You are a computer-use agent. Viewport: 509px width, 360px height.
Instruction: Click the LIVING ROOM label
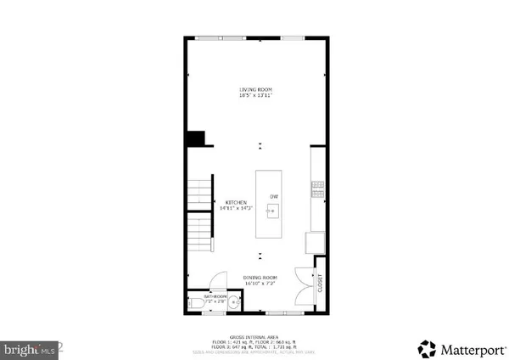(255, 89)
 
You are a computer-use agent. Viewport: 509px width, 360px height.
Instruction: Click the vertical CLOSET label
(321, 286)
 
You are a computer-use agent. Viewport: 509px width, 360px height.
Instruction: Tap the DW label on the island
(274, 197)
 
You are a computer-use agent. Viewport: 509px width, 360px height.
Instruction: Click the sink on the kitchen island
(273, 212)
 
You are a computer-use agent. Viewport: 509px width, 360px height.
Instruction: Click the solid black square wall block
(197, 138)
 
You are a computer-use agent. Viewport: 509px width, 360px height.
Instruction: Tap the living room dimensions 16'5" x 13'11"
(255, 95)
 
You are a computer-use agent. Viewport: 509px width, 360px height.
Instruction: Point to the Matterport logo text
(462, 348)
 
